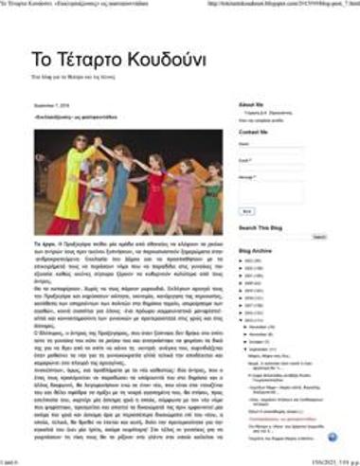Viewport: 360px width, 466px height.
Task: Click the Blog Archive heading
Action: (x=257, y=251)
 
